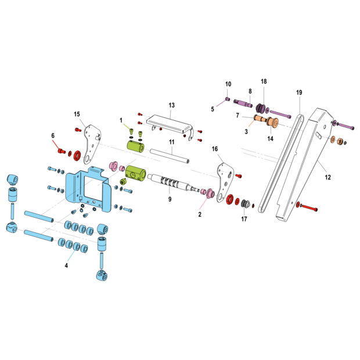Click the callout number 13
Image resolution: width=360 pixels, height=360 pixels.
coord(171,105)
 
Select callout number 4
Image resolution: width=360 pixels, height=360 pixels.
coord(66,265)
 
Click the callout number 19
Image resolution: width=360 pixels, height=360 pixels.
coord(299,92)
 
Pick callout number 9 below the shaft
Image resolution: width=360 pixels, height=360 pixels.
coord(170,199)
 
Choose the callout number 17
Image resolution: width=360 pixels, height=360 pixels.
coord(244,219)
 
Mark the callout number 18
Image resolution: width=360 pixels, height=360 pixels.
coord(264,81)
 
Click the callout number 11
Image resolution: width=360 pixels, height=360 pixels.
coord(171,142)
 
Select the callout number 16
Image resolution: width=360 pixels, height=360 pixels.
coord(215,149)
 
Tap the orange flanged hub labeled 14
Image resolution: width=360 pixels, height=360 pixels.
coord(271,122)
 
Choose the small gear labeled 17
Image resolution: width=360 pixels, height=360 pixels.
coord(246,204)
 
